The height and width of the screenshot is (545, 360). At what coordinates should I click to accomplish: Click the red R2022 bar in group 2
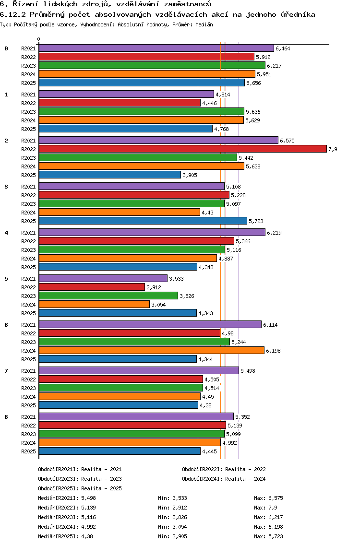click(182, 149)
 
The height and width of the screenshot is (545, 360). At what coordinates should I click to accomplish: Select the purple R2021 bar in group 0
click(156, 48)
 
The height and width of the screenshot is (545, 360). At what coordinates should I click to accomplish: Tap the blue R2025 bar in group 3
click(143, 221)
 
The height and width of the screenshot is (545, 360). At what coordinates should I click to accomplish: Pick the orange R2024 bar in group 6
click(151, 351)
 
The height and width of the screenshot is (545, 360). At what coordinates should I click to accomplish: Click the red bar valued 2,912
click(92, 287)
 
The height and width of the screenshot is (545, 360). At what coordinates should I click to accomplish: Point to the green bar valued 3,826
click(108, 296)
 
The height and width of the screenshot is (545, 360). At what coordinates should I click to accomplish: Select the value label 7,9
click(333, 149)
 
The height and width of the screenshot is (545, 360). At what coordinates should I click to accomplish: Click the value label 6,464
click(283, 48)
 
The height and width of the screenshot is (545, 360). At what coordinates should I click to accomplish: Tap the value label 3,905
click(190, 175)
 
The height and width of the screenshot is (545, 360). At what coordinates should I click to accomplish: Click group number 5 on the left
click(6, 279)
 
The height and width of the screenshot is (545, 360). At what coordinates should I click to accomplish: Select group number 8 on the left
click(6, 417)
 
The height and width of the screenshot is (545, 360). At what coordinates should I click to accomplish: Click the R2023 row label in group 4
click(28, 250)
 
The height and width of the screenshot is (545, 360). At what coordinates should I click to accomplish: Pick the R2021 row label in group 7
click(28, 371)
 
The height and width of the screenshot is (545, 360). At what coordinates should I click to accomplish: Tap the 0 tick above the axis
click(39, 39)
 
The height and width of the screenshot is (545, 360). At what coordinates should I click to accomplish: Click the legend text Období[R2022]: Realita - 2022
click(224, 470)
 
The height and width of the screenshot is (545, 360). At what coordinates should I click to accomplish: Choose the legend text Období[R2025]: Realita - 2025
click(80, 488)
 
